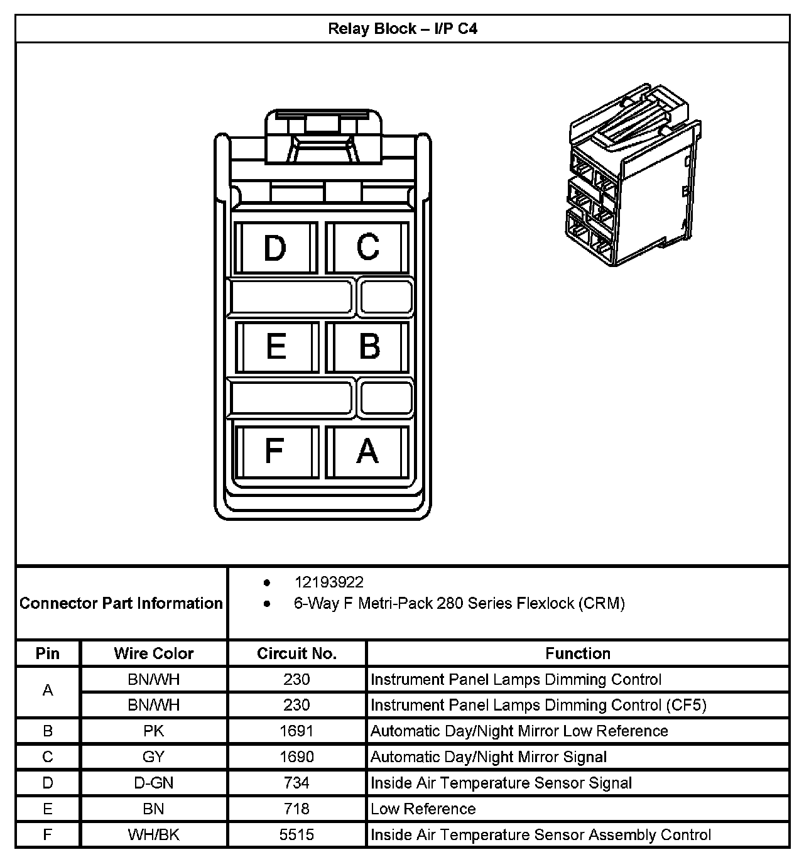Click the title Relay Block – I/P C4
[x=402, y=29]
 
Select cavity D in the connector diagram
[x=275, y=248]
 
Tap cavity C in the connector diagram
[x=368, y=247]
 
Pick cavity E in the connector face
[x=276, y=347]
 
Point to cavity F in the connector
[x=274, y=450]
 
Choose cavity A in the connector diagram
[x=367, y=451]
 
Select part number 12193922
[x=329, y=582]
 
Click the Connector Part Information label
[x=121, y=603]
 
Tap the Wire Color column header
[x=154, y=653]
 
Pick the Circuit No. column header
[x=296, y=653]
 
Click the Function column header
[x=577, y=653]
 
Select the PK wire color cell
[x=154, y=731]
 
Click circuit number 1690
[x=296, y=757]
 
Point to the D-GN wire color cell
[x=154, y=783]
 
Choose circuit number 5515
[x=296, y=835]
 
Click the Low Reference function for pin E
[x=423, y=809]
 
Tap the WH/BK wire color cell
[x=154, y=835]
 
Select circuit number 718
[x=296, y=809]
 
